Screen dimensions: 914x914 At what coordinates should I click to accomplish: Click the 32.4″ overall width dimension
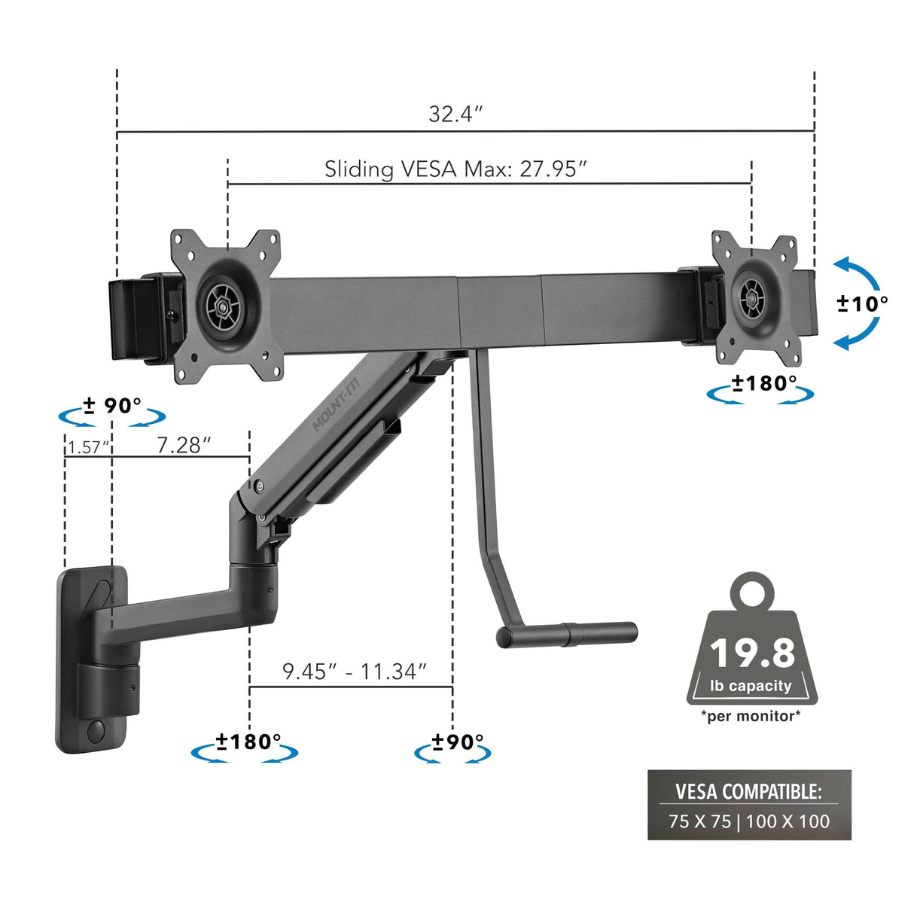point(455,114)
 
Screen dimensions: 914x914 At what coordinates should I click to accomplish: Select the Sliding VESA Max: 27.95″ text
point(455,169)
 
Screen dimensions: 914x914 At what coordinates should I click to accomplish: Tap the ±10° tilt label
point(862,303)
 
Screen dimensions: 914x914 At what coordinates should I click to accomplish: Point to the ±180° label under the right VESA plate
point(763,383)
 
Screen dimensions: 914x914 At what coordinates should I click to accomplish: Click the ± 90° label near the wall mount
point(112,406)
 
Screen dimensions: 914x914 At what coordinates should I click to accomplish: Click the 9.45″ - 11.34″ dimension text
point(355,671)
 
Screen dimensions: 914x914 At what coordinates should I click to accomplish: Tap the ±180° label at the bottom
point(248,742)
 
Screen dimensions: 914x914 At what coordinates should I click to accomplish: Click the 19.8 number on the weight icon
point(751,653)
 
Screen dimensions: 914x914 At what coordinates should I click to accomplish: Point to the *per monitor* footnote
point(751,716)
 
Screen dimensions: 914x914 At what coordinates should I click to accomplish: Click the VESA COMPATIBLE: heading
point(748,791)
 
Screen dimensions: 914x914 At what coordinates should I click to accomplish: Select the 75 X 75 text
point(699,821)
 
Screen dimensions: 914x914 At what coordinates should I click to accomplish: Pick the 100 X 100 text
point(788,821)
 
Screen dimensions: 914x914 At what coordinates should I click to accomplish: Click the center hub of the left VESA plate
point(224,306)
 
